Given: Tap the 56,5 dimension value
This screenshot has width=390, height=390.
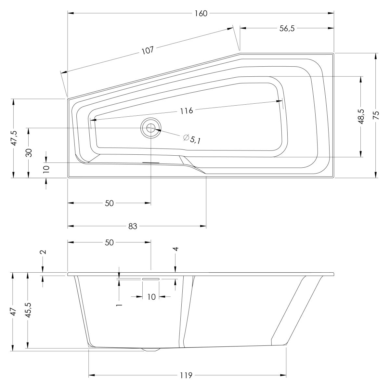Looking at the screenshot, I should (287, 29).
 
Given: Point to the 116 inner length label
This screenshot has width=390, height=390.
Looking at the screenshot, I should (187, 110).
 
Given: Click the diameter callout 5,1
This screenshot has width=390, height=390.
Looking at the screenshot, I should (192, 139).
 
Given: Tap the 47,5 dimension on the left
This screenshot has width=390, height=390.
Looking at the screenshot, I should (14, 138).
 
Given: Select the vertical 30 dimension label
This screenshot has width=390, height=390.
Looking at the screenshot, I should (29, 152).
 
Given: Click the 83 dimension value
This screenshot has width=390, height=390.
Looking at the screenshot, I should (133, 226).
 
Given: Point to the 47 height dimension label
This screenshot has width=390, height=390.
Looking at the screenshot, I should (13, 312).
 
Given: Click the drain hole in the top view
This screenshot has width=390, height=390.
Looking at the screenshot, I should (151, 128).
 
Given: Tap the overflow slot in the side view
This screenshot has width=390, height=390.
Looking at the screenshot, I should (150, 279).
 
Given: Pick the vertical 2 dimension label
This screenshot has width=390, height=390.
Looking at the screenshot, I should (43, 252).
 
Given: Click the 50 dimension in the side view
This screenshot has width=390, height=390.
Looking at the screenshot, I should (109, 242).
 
